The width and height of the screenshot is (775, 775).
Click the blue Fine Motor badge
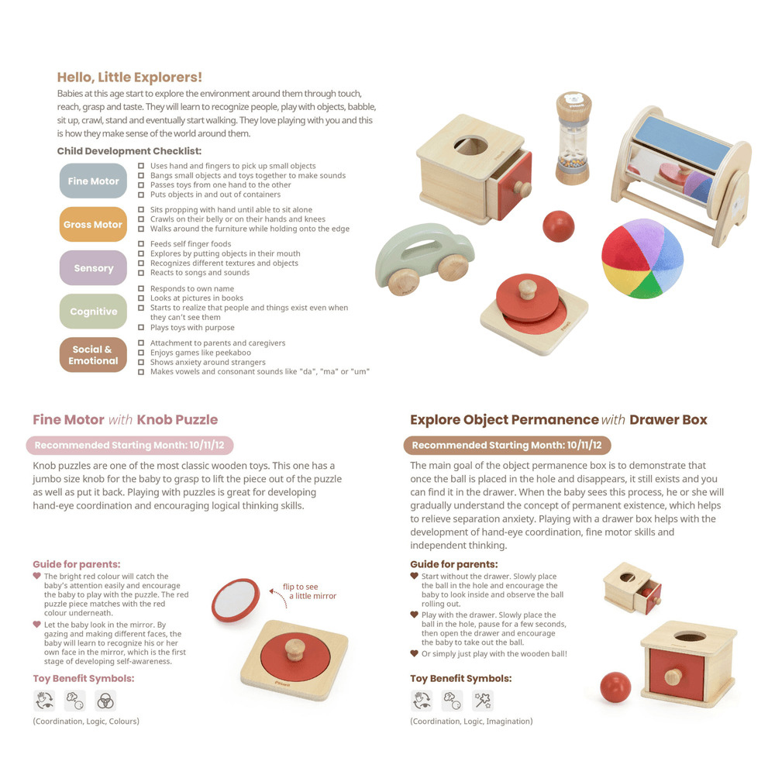click(93, 181)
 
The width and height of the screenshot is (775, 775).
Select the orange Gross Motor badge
click(93, 225)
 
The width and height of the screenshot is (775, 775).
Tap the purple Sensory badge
click(93, 268)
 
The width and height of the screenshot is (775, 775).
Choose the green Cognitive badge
click(93, 312)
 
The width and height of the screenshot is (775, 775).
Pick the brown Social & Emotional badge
click(93, 355)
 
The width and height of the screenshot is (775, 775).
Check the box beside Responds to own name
click(141, 288)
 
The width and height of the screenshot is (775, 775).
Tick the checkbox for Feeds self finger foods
click(141, 243)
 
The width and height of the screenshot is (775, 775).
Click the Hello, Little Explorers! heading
click(129, 77)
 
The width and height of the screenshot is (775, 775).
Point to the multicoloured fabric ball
click(642, 259)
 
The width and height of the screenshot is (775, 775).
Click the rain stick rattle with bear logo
click(573, 139)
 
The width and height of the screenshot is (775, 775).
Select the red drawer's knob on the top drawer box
click(522, 188)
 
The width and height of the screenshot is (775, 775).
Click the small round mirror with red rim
click(236, 600)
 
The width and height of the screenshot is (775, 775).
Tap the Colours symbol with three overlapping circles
click(105, 701)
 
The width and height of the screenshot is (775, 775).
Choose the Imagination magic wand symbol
click(482, 701)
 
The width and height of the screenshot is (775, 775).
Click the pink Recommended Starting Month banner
click(129, 446)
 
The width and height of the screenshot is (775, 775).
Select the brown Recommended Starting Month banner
click(507, 446)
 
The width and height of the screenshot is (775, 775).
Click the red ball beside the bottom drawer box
click(615, 687)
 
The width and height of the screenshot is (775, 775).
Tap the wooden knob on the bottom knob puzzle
click(295, 649)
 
